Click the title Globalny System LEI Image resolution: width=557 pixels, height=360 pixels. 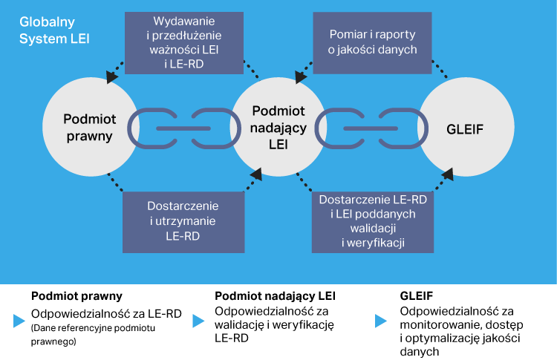click(x=53, y=30)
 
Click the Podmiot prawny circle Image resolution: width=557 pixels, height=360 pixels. click(x=88, y=128)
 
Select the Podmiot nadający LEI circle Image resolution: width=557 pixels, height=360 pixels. click(x=278, y=128)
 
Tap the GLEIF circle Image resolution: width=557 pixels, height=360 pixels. click(x=466, y=128)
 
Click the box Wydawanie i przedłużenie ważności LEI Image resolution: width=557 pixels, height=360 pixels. click(x=183, y=41)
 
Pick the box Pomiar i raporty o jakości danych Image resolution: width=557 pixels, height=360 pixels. click(x=373, y=42)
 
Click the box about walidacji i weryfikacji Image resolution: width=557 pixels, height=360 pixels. click(x=373, y=220)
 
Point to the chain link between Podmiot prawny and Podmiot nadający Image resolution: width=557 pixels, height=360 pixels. click(x=183, y=128)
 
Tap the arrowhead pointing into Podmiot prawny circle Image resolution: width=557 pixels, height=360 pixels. click(x=112, y=76)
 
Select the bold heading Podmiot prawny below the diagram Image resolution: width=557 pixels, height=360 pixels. click(x=76, y=295)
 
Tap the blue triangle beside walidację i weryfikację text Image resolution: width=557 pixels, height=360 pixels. click(x=198, y=321)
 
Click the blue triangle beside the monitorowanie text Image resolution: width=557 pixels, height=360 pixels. click(x=381, y=321)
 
